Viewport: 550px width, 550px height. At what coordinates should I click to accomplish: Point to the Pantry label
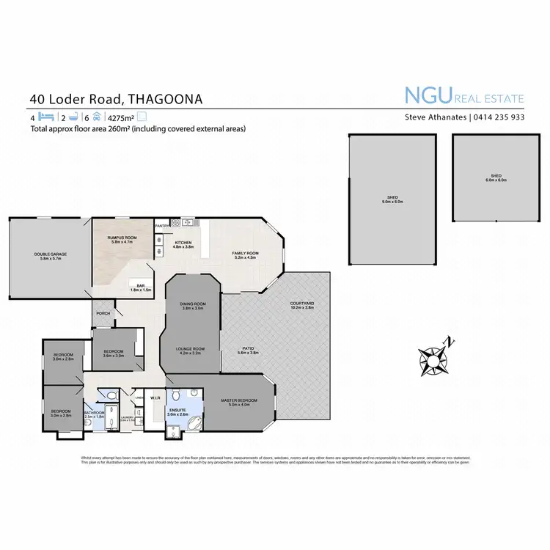[162, 227]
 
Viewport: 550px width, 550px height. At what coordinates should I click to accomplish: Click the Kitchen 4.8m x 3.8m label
[183, 245]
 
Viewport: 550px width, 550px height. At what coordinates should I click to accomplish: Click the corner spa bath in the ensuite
[196, 424]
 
